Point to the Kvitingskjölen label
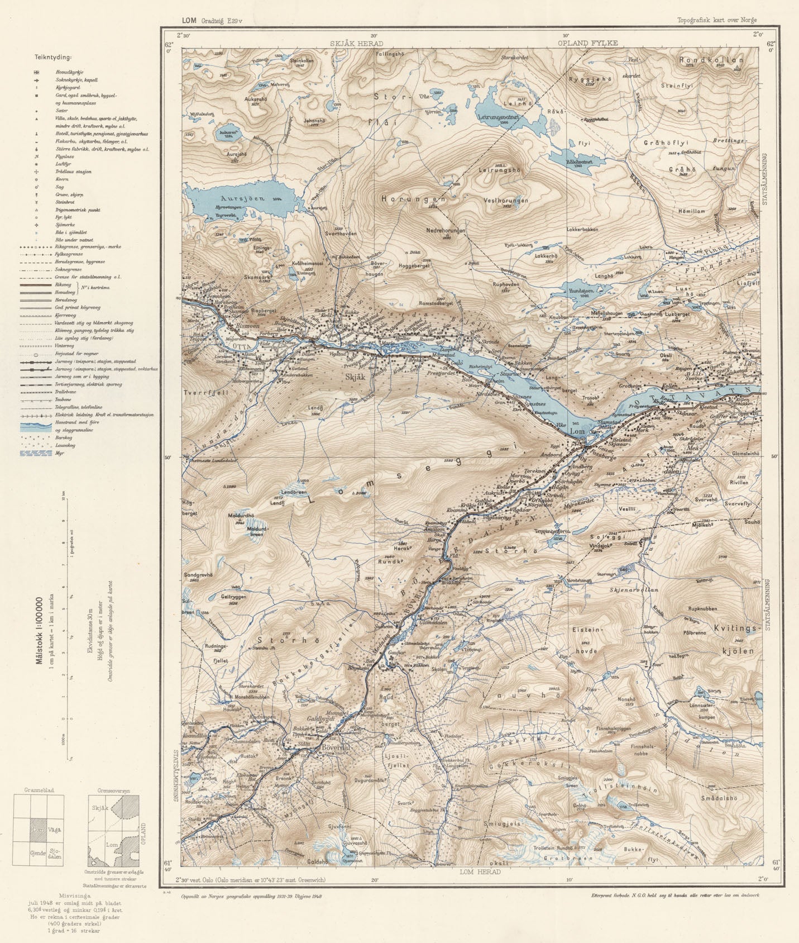[740, 640]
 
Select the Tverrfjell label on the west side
[199, 392]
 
